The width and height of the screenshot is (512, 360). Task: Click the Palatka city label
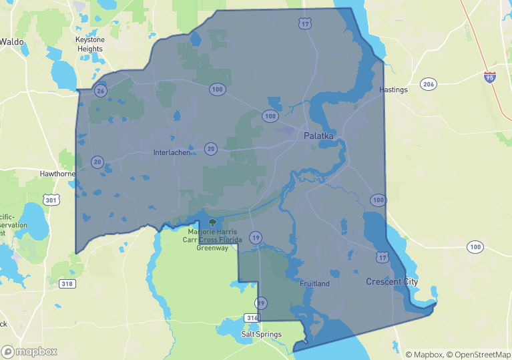click(x=318, y=136)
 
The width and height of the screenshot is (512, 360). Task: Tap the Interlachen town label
click(x=172, y=152)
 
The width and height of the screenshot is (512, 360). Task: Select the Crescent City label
click(x=392, y=282)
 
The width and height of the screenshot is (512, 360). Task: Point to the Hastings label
click(x=393, y=89)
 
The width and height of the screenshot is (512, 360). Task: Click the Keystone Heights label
click(x=89, y=44)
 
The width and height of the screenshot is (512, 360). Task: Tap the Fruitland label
click(x=314, y=284)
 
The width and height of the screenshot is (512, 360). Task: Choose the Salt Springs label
click(x=262, y=334)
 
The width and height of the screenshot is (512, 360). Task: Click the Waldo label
click(x=11, y=41)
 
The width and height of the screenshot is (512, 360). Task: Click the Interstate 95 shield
click(x=491, y=77)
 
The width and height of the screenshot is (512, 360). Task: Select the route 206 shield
click(x=429, y=84)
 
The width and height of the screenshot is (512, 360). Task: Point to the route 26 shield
click(x=100, y=91)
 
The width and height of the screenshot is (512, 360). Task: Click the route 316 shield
click(x=252, y=318)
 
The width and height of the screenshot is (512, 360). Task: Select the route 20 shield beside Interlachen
click(x=211, y=149)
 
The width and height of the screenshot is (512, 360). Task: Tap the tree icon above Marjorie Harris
click(x=212, y=222)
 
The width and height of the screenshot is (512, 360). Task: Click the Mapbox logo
click(x=29, y=351)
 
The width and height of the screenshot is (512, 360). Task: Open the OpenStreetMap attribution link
click(x=479, y=355)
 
